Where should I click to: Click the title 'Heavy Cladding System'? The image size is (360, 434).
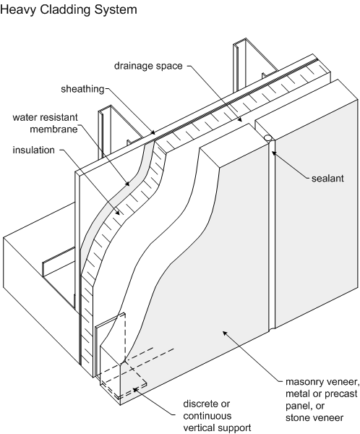(x=69, y=10)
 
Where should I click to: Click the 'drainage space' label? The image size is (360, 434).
(x=148, y=66)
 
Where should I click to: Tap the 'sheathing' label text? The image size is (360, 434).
(x=82, y=89)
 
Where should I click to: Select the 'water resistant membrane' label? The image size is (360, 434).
(x=46, y=123)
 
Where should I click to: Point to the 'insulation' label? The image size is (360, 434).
(x=34, y=150)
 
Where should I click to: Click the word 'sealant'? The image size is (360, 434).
(x=327, y=178)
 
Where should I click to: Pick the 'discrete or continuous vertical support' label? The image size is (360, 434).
(x=217, y=416)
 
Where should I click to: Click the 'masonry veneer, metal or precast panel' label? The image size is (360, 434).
(x=322, y=400)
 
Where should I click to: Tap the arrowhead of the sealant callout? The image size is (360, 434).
(x=274, y=153)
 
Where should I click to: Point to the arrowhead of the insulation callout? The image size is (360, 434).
(x=117, y=213)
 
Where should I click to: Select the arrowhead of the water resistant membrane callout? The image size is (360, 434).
(x=127, y=183)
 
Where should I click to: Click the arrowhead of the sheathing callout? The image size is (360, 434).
(x=153, y=133)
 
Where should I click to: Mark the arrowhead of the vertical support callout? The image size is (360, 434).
(x=135, y=389)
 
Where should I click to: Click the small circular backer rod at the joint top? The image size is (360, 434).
(x=267, y=137)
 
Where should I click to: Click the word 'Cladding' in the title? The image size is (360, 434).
(x=66, y=10)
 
